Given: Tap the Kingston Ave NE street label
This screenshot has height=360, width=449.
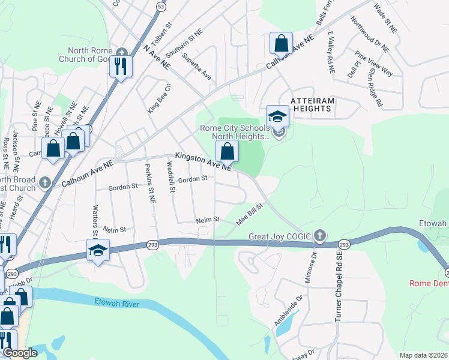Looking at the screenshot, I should [x=203, y=161].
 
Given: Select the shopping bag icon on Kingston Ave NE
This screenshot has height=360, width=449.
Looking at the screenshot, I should [x=227, y=151].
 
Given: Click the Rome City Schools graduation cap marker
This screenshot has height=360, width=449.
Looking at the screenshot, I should [x=277, y=116].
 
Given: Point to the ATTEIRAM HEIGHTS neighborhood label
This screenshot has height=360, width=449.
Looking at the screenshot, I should [x=312, y=104].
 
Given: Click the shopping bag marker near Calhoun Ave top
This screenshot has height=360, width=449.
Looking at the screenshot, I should [x=281, y=43].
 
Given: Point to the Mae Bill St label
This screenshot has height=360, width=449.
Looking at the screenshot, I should [x=250, y=214].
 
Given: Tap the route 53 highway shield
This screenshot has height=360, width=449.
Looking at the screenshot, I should [x=160, y=5].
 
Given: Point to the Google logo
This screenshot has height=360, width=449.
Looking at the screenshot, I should [x=19, y=353].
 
